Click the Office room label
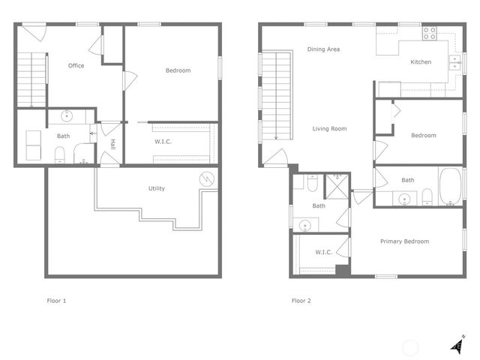click(x=76, y=66)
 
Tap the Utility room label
click(x=156, y=188)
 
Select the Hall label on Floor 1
click(x=112, y=144)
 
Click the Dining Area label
click(x=324, y=49)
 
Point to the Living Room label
click(x=329, y=129)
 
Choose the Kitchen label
click(x=421, y=62)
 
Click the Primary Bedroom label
click(x=404, y=241)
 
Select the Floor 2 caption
click(x=301, y=301)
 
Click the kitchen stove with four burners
click(x=430, y=33)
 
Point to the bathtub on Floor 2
click(x=451, y=187)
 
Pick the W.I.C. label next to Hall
click(x=165, y=141)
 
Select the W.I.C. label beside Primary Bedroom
click(x=323, y=252)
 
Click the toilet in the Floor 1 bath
click(x=59, y=155)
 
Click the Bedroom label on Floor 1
click(x=178, y=70)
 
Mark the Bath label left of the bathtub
click(x=407, y=180)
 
